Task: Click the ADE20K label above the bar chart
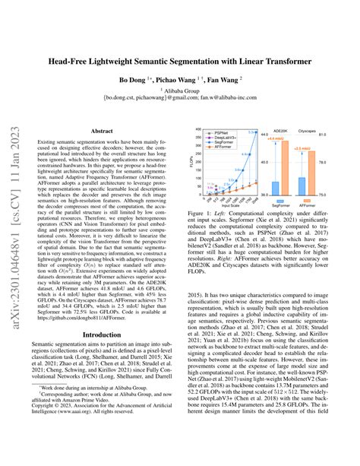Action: pyautogui.click(x=281, y=130)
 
